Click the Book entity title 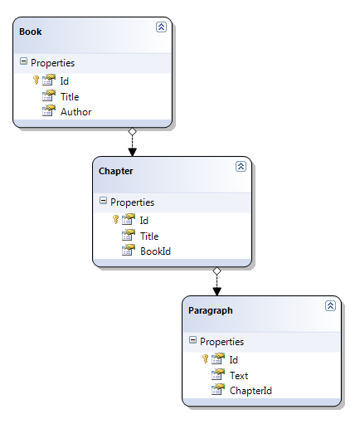[31, 32]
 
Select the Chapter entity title [115, 171]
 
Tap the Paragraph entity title [211, 310]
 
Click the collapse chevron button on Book [161, 27]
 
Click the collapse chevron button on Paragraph [330, 306]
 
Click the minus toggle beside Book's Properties [23, 61]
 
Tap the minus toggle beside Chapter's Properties [103, 201]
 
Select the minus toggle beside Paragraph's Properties [192, 340]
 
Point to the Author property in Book [76, 112]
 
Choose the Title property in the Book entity [70, 97]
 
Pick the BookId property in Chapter [156, 251]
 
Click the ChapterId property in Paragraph [251, 391]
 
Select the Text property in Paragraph [239, 376]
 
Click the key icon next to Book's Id [36, 80]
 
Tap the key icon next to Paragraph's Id [205, 359]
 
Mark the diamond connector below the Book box [133, 132]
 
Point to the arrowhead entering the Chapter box [133, 153]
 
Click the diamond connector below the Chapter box [217, 271]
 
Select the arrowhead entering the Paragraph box [217, 292]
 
